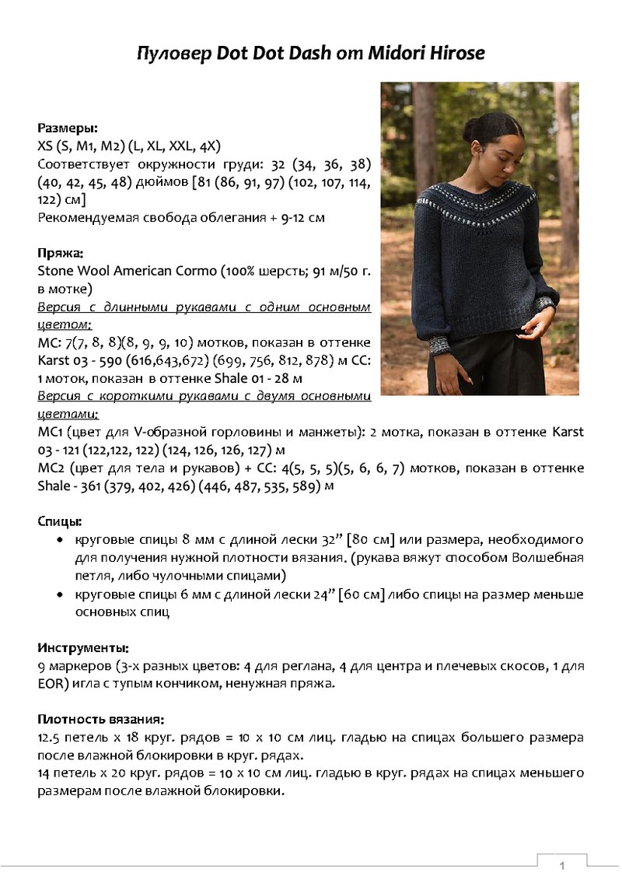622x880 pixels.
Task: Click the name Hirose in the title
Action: (x=455, y=54)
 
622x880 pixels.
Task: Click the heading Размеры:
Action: (x=68, y=128)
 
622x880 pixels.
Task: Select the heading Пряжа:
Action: (x=61, y=253)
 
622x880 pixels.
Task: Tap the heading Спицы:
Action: (x=60, y=521)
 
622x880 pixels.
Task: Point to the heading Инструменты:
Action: (x=83, y=647)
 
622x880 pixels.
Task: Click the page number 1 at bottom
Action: (x=561, y=865)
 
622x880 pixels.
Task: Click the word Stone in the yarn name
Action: (x=55, y=271)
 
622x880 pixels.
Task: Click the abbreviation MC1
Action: (x=51, y=432)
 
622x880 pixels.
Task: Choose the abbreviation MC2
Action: (x=51, y=468)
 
